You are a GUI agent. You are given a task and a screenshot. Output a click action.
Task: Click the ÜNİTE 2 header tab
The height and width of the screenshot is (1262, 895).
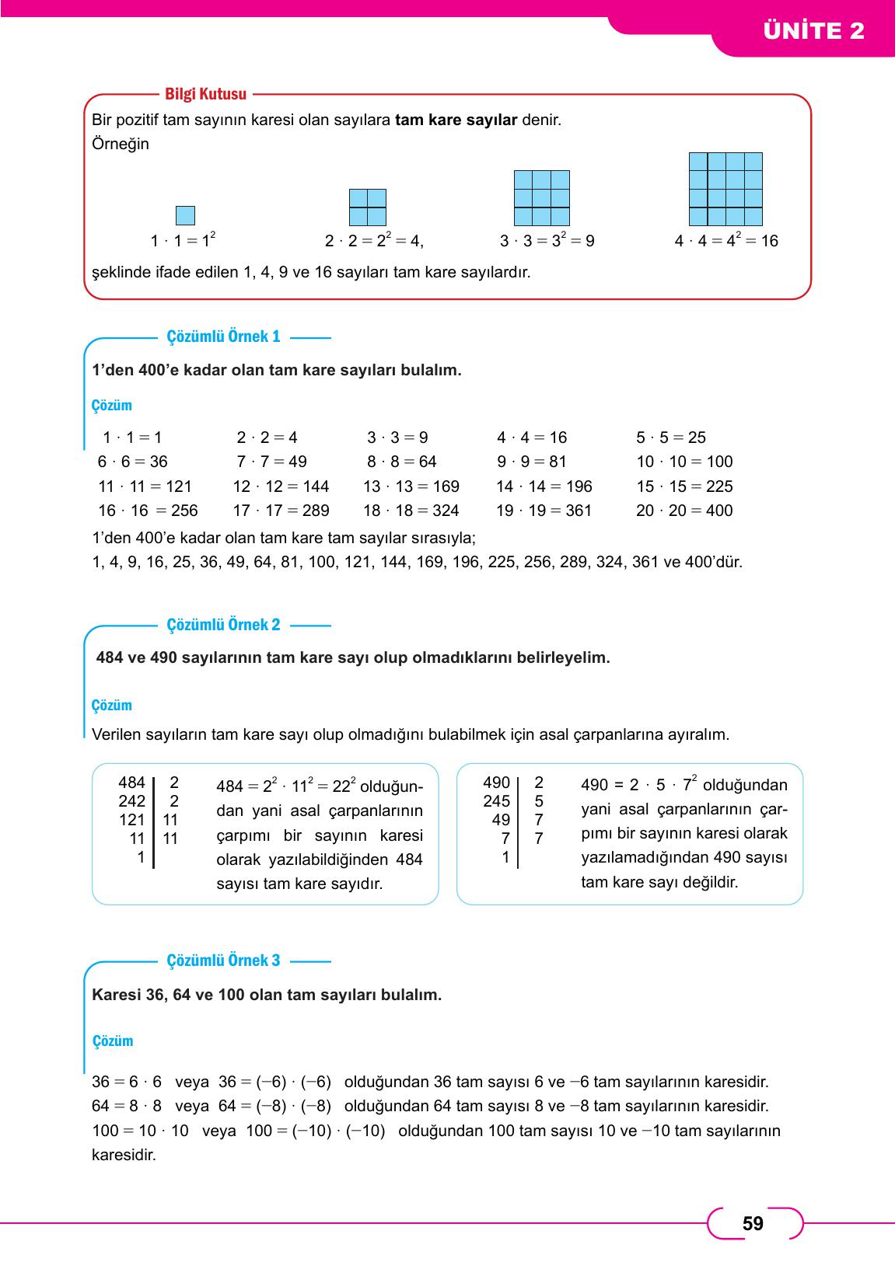813,31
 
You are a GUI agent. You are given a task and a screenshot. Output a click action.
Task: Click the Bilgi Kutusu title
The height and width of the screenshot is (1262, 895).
205,94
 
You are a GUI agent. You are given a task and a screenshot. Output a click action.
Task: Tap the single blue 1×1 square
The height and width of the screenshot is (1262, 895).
185,215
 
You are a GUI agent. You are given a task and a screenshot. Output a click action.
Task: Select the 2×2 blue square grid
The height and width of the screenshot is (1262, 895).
368,207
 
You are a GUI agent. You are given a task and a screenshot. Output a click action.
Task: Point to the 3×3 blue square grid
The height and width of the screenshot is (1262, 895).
542,198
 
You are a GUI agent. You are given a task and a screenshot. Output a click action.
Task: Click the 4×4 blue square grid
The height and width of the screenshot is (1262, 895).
725,189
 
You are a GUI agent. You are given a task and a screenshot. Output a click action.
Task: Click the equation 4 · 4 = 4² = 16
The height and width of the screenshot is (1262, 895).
726,240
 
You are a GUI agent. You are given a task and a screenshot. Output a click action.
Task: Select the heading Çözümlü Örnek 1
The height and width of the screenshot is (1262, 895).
223,336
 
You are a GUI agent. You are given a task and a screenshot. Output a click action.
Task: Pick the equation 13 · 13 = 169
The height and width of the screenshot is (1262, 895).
411,486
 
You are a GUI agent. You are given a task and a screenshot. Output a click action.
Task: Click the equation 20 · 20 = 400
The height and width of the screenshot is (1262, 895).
684,511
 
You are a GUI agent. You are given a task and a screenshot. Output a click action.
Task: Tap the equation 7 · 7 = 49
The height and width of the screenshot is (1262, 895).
271,462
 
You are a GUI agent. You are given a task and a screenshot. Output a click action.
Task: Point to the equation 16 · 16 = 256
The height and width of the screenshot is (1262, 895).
148,511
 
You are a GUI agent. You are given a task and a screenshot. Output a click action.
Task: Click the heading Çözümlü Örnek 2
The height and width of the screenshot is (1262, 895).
223,625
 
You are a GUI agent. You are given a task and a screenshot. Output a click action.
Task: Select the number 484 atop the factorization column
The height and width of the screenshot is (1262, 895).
131,783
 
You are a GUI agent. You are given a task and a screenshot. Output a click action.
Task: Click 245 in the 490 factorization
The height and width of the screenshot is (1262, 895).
496,801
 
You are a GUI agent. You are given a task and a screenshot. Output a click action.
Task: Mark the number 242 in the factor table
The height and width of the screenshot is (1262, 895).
131,801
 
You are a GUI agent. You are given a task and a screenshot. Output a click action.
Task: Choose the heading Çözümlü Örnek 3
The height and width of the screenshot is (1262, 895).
223,960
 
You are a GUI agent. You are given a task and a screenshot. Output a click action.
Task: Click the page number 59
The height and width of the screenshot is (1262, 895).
753,1224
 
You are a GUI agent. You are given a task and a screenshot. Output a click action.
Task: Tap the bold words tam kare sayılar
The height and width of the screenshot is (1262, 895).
456,120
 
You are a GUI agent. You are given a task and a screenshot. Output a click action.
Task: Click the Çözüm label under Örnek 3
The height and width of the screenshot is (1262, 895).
113,1041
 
